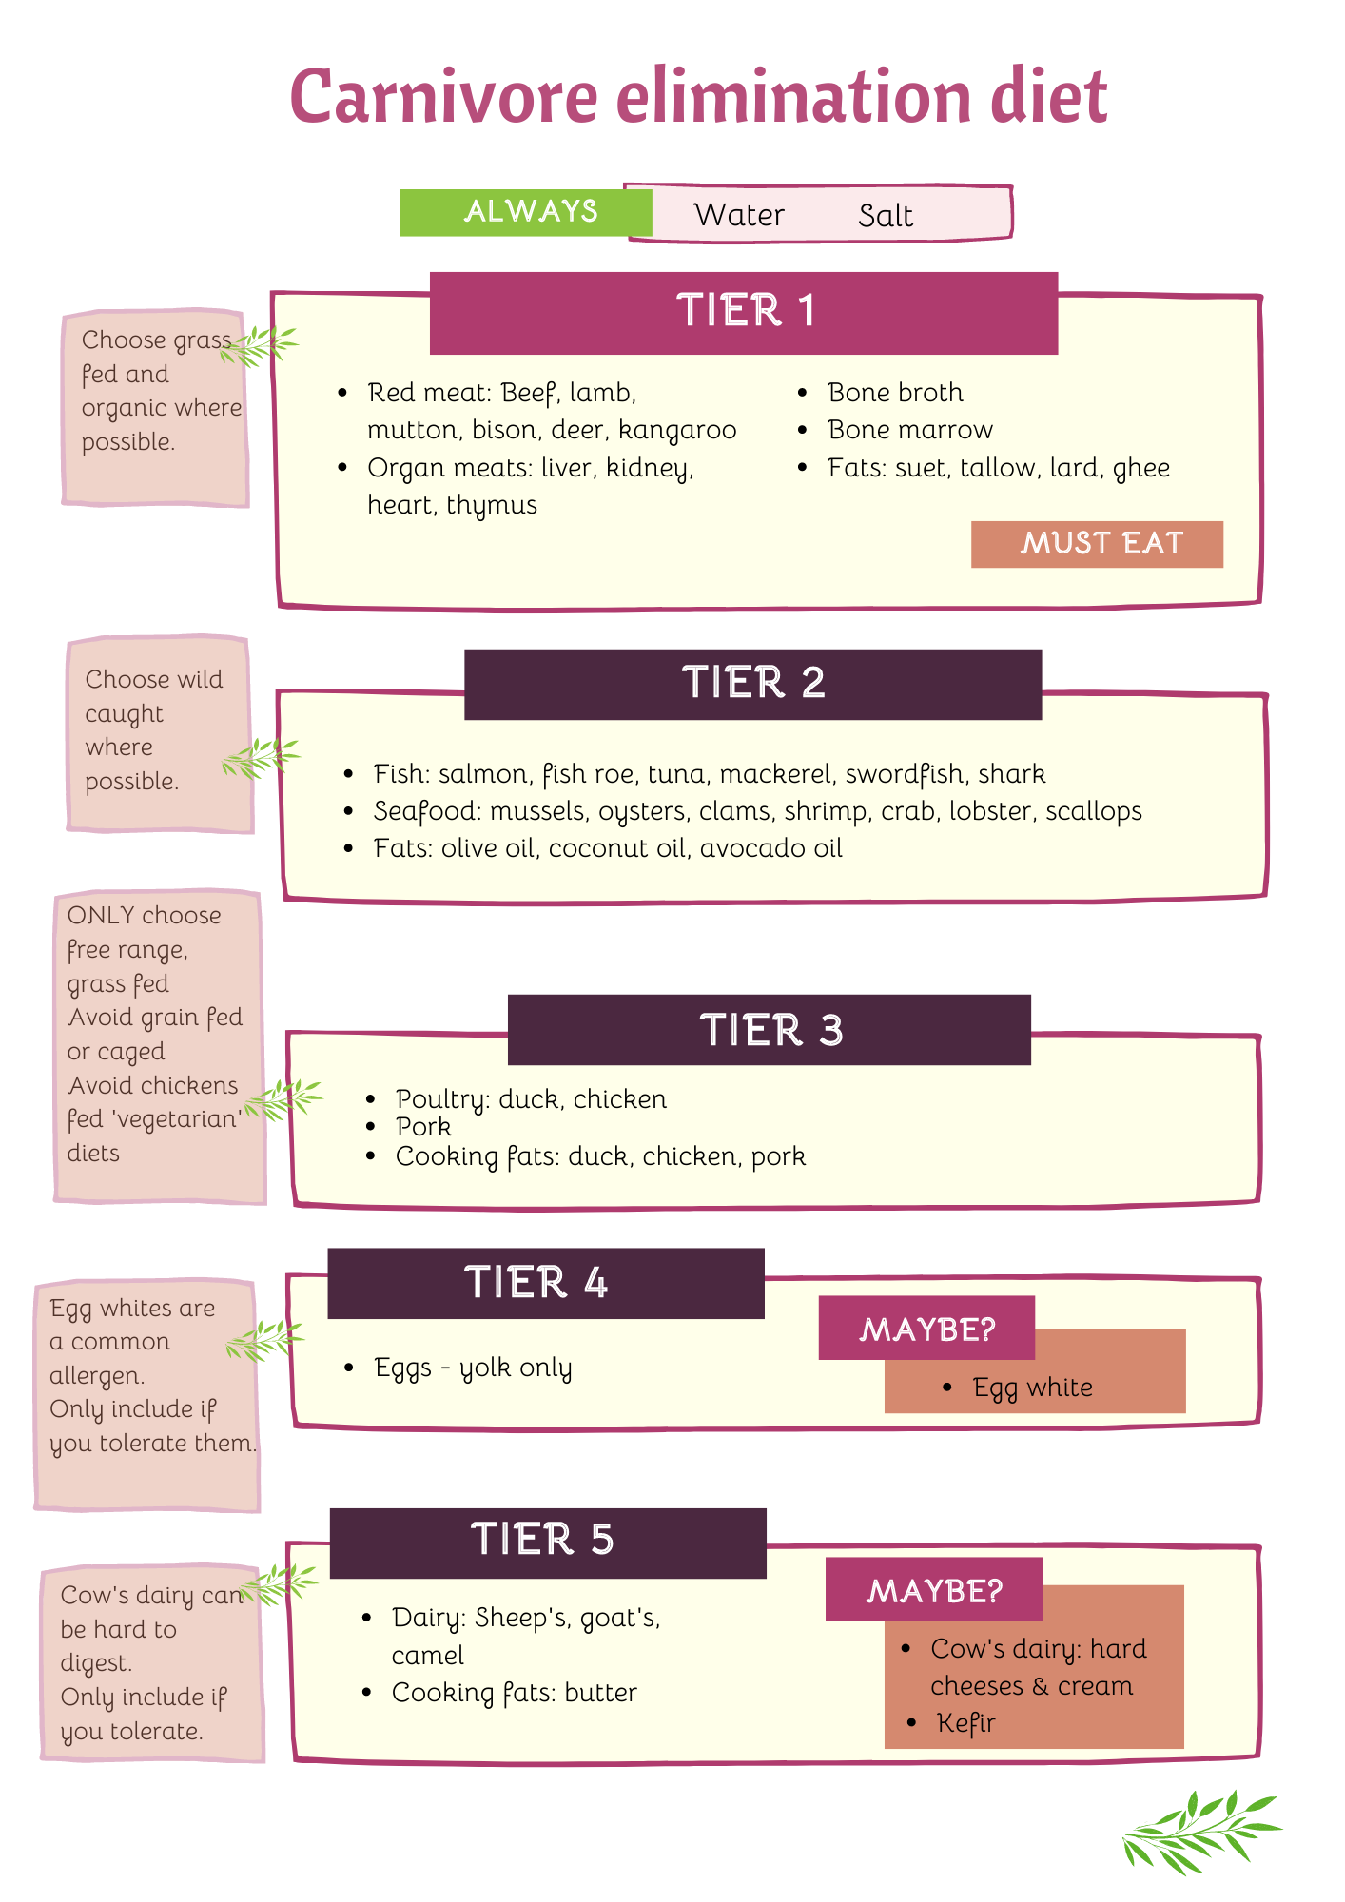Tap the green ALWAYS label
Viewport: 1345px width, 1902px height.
click(x=530, y=211)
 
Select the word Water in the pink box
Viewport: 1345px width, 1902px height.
click(x=739, y=215)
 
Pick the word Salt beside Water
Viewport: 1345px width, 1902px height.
click(x=885, y=216)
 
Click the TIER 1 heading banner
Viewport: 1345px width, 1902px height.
click(x=744, y=312)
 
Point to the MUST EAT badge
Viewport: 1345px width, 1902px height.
click(x=1097, y=544)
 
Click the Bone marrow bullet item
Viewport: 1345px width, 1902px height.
click(x=909, y=430)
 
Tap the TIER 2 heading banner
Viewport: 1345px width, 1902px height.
click(x=752, y=684)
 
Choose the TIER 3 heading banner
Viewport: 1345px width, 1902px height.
click(x=770, y=1030)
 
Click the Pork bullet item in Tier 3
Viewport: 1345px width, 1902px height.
click(x=423, y=1127)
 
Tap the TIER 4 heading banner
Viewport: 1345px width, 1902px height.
click(x=545, y=1283)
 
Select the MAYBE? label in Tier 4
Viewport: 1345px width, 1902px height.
click(x=926, y=1329)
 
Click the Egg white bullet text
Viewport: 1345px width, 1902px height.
click(x=1032, y=1388)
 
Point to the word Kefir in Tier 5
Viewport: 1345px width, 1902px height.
click(x=965, y=1723)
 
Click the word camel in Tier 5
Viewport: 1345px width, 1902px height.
click(x=428, y=1656)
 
